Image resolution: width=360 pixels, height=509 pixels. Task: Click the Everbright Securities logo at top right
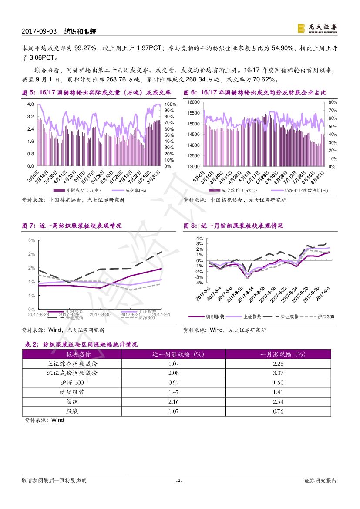(x=316, y=28)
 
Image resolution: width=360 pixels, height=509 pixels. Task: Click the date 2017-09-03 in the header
(x=39, y=32)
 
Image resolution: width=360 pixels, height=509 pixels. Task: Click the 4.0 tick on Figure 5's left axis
(x=30, y=104)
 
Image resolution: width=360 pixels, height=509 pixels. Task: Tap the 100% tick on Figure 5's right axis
(x=170, y=104)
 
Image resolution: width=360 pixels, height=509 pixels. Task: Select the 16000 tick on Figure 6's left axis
(x=193, y=102)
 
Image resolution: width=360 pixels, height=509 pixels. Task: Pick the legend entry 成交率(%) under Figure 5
(x=135, y=190)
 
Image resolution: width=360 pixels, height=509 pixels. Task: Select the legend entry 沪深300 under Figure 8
(x=325, y=317)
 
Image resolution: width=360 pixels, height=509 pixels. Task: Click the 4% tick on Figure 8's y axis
(x=199, y=239)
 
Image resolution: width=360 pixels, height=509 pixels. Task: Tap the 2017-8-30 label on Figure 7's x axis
(x=100, y=314)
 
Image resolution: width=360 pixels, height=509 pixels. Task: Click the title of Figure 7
(x=72, y=226)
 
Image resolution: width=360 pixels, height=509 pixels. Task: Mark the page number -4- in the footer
(x=178, y=481)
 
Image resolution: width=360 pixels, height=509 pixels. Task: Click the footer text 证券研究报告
(x=320, y=481)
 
